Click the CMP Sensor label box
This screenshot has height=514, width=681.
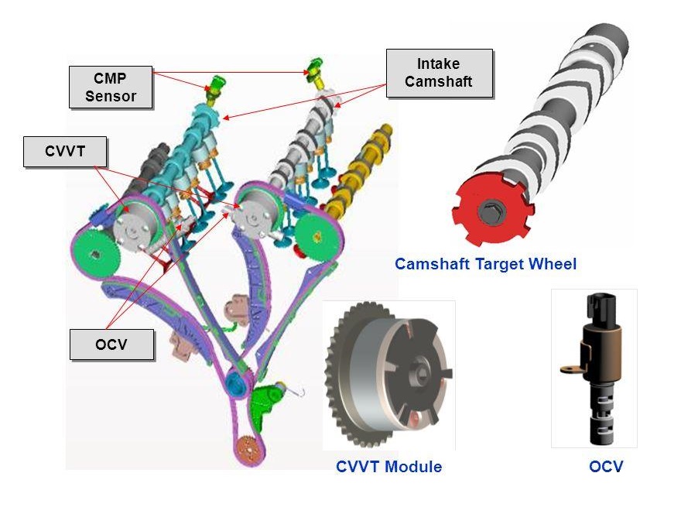(x=111, y=87)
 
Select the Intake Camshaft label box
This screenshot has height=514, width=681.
(x=438, y=73)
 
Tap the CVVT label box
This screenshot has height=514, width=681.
(x=64, y=152)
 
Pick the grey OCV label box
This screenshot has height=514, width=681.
(x=111, y=344)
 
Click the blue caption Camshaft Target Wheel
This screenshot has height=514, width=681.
(x=485, y=264)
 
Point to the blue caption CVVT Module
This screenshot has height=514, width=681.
(x=388, y=467)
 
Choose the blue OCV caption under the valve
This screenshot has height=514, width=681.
(x=605, y=467)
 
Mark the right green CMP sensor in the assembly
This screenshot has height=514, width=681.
(x=314, y=67)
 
